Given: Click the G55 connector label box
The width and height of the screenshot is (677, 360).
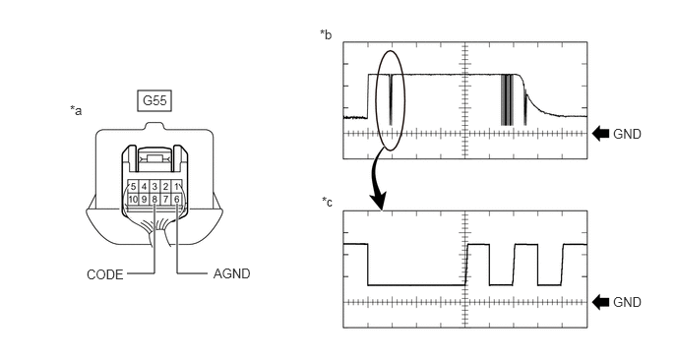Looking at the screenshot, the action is pos(154,100).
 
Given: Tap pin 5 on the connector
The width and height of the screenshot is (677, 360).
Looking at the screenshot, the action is pos(133,187).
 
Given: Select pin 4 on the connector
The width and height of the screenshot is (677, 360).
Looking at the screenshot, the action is pos(144,187).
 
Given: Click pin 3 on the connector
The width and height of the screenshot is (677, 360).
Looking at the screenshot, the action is pos(154,187).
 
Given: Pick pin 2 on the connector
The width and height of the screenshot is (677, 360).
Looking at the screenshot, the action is pos(165,187).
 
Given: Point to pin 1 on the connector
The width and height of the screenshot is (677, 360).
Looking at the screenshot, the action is pos(176,187).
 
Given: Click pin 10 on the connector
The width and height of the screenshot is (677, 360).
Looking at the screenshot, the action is pos(133,199).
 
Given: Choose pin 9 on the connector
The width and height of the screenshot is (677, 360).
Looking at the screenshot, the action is pos(144,199).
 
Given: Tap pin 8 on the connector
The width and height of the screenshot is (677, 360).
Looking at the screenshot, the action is pos(154,199).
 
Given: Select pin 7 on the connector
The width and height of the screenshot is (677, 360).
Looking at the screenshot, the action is pos(165,199).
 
